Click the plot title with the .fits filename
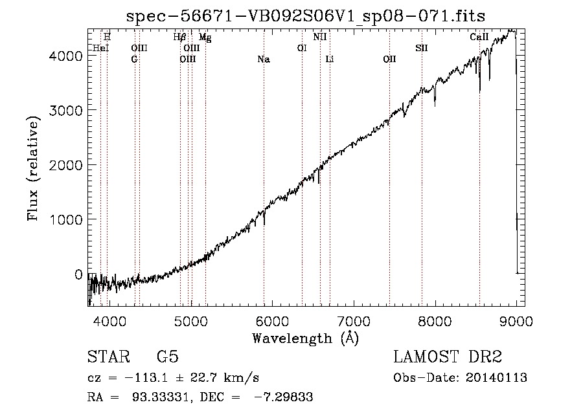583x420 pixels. click(x=306, y=16)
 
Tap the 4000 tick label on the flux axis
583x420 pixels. click(x=65, y=56)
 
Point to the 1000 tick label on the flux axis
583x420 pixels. click(x=65, y=219)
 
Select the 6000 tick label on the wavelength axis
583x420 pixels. click(x=272, y=321)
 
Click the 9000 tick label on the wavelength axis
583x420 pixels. click(x=516, y=321)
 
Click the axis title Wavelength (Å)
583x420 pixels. click(x=306, y=338)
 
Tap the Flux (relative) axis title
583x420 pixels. click(x=33, y=169)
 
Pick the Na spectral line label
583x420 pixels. click(x=264, y=60)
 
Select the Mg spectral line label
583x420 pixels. click(x=205, y=37)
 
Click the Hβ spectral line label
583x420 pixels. click(x=179, y=37)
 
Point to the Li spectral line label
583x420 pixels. click(x=330, y=60)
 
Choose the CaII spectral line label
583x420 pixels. click(x=479, y=37)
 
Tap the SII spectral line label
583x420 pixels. click(x=422, y=49)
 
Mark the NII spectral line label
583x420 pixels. click(x=320, y=37)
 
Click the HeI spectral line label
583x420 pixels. click(x=100, y=49)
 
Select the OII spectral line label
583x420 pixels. click(x=389, y=60)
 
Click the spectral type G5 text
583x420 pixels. click(x=168, y=357)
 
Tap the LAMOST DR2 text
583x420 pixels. click(x=448, y=357)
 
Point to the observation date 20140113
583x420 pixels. click(x=496, y=378)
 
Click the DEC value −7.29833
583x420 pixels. click(x=284, y=397)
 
